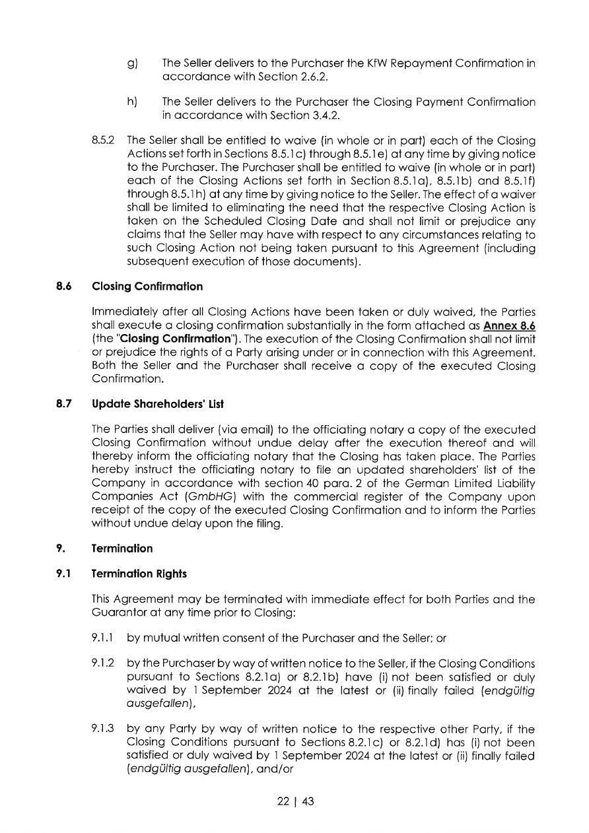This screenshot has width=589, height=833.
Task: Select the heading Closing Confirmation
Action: [x=147, y=286]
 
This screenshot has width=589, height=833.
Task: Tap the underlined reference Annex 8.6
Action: [x=509, y=326]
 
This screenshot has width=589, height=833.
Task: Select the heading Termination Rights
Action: [x=139, y=574]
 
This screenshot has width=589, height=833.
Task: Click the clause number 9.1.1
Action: [x=103, y=638]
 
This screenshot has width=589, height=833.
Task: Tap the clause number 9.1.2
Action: [x=103, y=663]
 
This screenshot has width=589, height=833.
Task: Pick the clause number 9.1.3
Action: [x=103, y=729]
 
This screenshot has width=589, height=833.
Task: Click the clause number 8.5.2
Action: [x=103, y=141]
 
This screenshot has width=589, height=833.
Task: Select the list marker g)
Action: [x=132, y=63]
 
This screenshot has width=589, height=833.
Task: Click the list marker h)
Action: [x=132, y=102]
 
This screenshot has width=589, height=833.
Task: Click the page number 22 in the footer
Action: [x=283, y=802]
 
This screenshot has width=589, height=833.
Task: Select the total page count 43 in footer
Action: [x=307, y=802]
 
